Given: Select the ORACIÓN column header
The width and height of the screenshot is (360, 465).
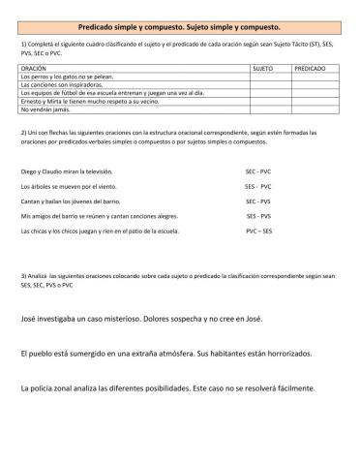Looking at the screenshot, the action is click(x=34, y=70).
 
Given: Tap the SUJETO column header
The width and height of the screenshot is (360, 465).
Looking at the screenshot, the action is click(x=263, y=70).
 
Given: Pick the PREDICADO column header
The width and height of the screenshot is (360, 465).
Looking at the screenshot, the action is click(x=309, y=70).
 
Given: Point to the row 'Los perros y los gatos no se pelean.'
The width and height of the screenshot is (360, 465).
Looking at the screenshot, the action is click(x=67, y=77).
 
